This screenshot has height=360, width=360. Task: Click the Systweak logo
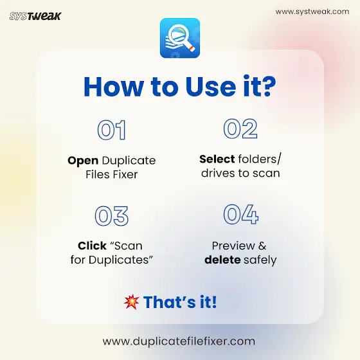click(x=35, y=16)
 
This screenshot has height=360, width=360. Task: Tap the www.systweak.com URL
click(x=312, y=12)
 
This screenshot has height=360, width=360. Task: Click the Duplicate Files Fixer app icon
click(x=180, y=38)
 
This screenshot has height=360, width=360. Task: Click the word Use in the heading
click(x=211, y=87)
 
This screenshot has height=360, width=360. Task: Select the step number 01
click(x=112, y=130)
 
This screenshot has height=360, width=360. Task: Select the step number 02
click(x=240, y=129)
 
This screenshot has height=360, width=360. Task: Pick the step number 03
click(x=112, y=216)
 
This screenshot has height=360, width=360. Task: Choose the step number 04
click(x=241, y=215)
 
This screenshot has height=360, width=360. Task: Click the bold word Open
click(x=83, y=161)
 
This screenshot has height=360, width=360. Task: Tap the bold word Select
click(x=217, y=159)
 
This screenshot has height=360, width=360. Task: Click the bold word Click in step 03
click(x=92, y=246)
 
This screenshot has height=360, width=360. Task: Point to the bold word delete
click(x=222, y=260)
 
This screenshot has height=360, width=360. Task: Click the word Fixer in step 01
click(x=125, y=174)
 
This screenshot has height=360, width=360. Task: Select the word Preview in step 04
click(x=233, y=246)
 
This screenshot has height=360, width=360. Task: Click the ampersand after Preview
click(x=262, y=246)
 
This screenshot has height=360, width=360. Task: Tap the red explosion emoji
click(x=131, y=302)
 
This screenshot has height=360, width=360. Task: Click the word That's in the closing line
click(x=170, y=302)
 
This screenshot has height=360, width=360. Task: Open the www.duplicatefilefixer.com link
click(x=179, y=341)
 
